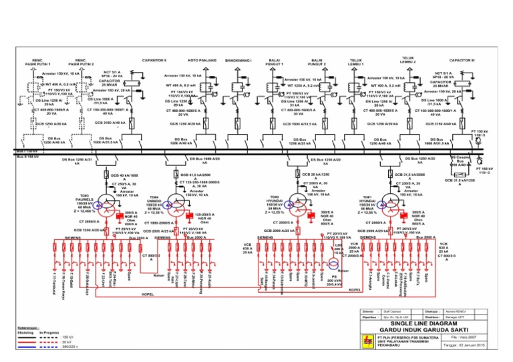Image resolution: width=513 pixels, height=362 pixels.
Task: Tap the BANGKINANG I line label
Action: click(x=238, y=60)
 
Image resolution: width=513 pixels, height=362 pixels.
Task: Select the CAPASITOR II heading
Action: click(x=154, y=60)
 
